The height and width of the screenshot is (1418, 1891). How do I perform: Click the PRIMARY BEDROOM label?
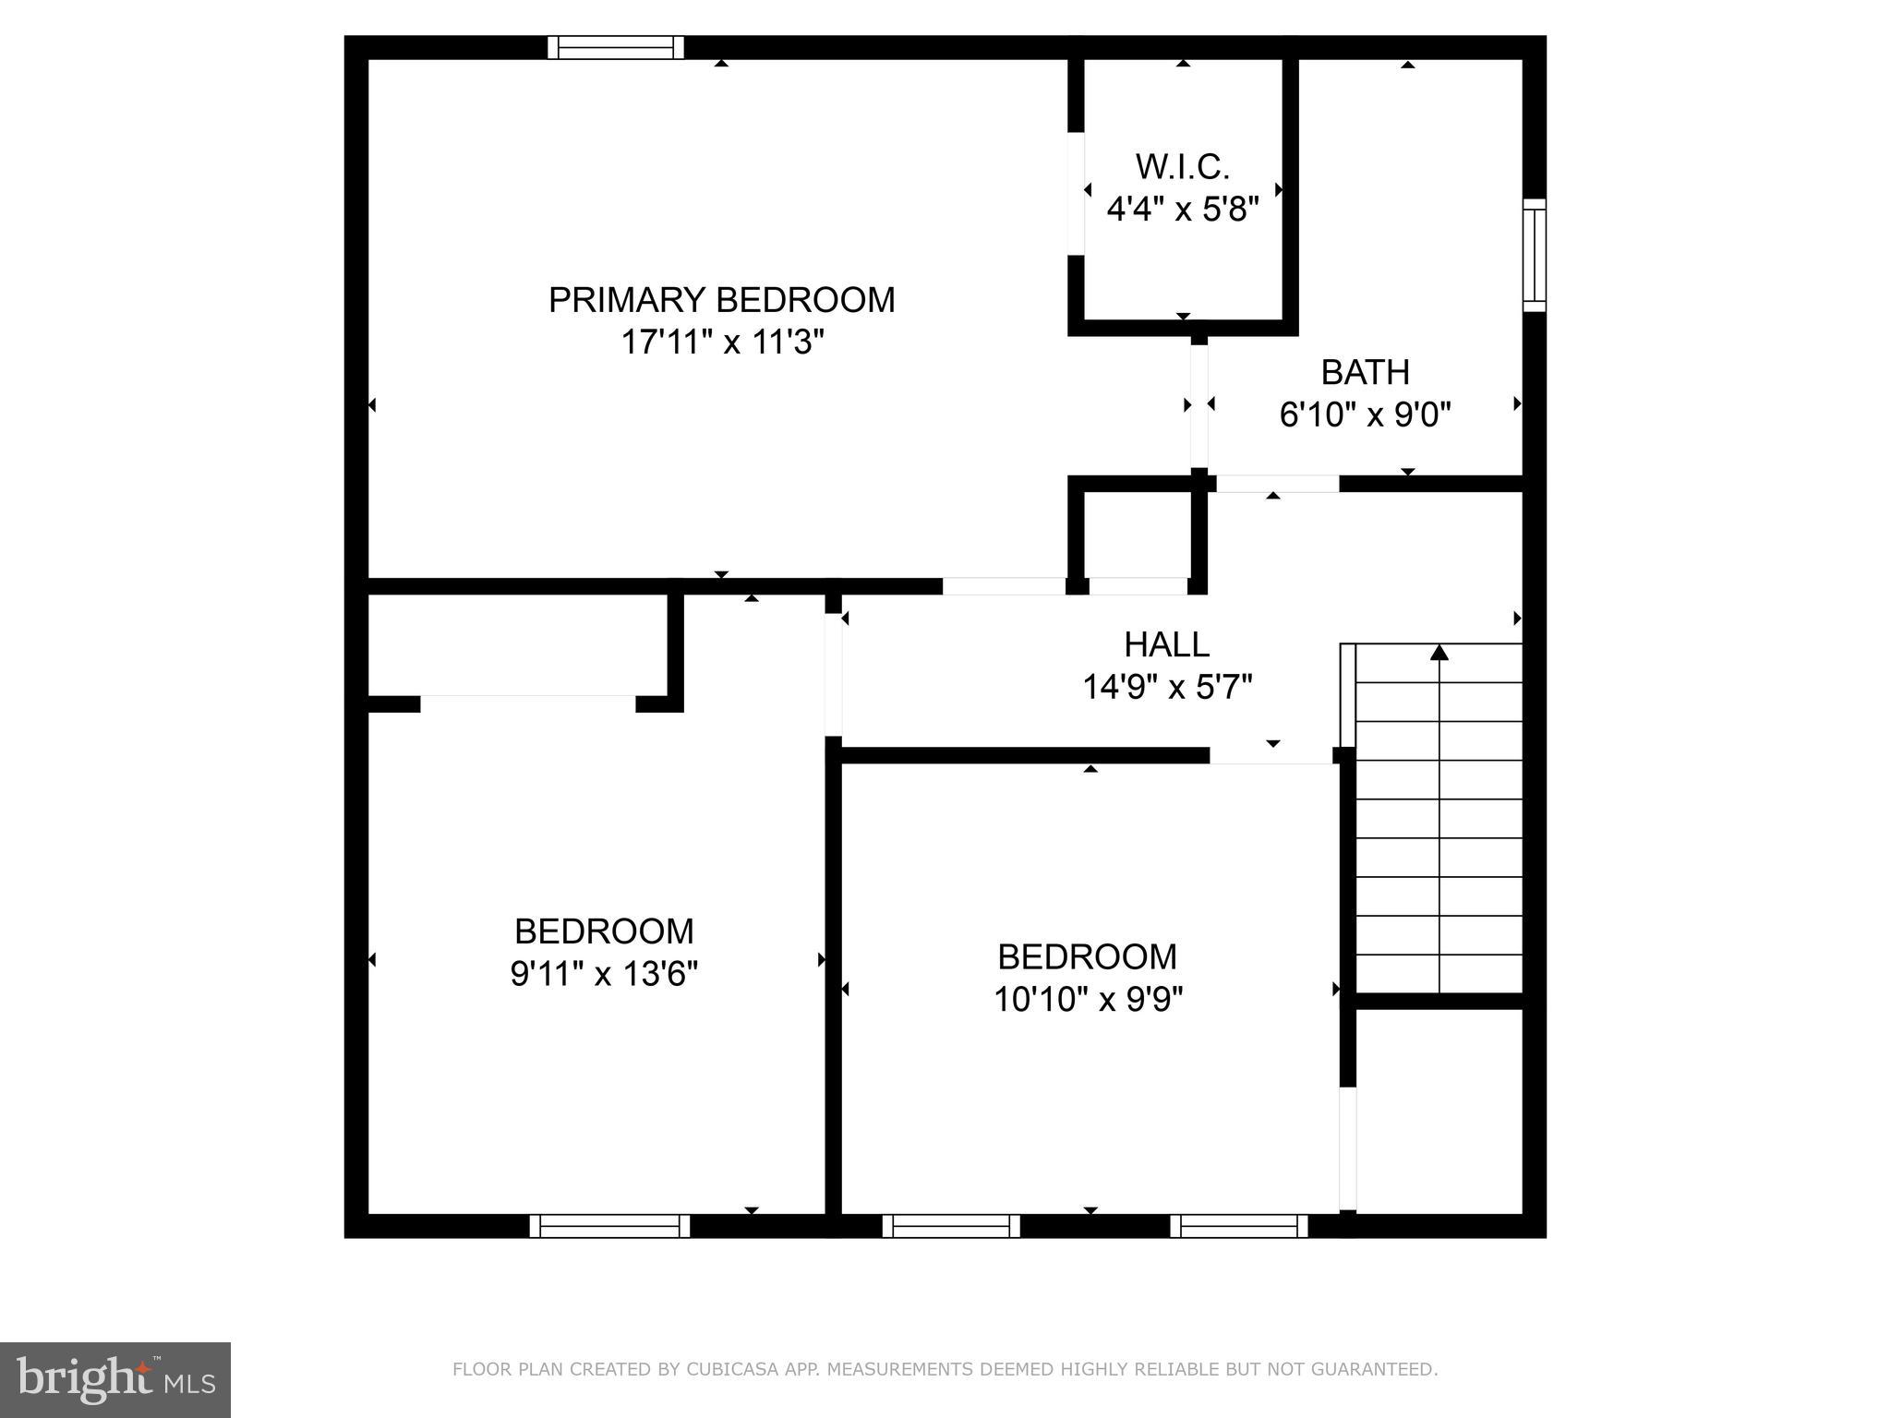(721, 300)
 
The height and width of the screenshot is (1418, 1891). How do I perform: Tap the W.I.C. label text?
(1182, 167)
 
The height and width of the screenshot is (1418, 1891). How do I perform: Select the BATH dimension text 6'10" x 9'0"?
(1365, 415)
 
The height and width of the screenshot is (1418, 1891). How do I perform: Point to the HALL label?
(1166, 644)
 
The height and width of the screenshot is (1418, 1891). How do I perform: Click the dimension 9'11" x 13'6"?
(604, 974)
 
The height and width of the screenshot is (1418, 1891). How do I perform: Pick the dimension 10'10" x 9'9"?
(1088, 1000)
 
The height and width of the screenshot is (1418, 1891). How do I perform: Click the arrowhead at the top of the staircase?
(1439, 654)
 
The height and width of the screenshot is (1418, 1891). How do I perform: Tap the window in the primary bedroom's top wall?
(616, 47)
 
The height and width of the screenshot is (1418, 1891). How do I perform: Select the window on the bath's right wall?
(1534, 255)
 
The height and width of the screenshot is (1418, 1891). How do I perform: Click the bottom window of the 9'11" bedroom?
(609, 1226)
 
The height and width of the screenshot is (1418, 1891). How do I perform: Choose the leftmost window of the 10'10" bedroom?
(951, 1226)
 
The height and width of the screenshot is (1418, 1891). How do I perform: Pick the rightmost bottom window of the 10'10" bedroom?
(1239, 1226)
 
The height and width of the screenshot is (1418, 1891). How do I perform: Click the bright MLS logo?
(115, 1380)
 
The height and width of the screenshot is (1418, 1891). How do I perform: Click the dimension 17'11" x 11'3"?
(721, 342)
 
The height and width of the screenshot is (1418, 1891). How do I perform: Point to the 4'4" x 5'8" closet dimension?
(1182, 210)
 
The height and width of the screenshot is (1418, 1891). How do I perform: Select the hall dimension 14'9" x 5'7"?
(1166, 688)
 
